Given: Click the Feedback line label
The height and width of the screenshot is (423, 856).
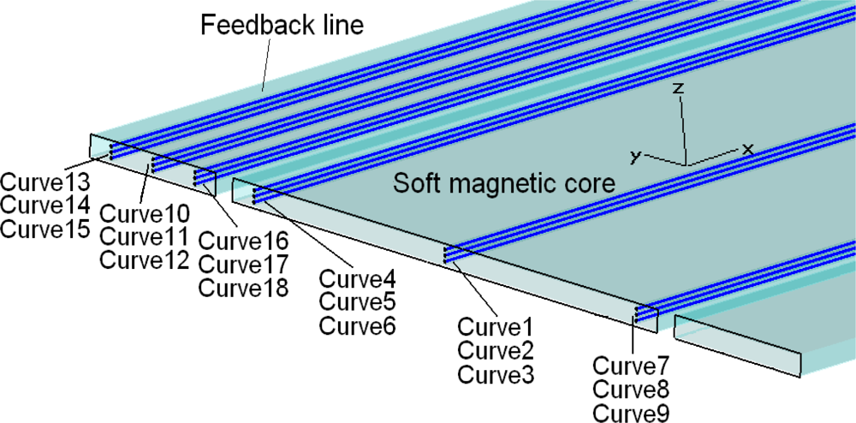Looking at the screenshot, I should click(x=282, y=25).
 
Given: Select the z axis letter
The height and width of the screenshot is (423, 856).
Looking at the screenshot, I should click(x=677, y=89).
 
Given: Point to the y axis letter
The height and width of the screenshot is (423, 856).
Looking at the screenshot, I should click(x=635, y=156).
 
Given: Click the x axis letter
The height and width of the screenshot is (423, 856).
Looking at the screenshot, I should click(x=747, y=149).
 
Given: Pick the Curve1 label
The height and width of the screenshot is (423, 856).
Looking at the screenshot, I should click(x=496, y=326).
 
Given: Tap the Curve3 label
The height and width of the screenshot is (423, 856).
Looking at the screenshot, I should click(x=496, y=374).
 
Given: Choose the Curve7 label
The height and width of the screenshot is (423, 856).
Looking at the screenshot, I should click(x=631, y=365).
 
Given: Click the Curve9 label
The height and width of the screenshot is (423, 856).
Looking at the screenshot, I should click(x=631, y=412).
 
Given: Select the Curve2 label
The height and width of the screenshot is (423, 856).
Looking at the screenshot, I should click(x=496, y=350).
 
